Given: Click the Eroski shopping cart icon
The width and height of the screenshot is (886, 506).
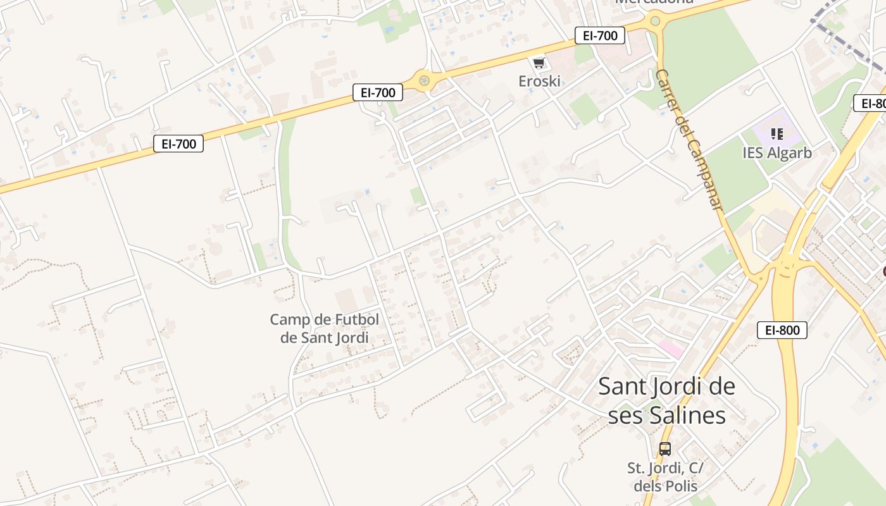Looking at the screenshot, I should [x=539, y=63].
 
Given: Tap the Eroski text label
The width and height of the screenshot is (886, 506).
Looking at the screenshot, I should [x=540, y=81].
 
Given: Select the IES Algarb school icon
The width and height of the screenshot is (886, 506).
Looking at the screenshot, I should [x=777, y=134].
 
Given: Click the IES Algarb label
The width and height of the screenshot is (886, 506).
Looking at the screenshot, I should [x=777, y=152].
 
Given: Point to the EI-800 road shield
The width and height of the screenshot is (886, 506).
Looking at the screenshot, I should [x=782, y=330].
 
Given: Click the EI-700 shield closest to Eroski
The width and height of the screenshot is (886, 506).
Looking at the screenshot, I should [x=600, y=35].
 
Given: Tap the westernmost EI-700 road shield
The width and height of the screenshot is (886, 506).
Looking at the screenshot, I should [x=178, y=144].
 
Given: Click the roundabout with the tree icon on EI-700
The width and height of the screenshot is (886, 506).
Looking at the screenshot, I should [x=424, y=80].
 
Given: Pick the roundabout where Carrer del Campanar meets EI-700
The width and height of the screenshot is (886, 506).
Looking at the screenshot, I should [x=655, y=21].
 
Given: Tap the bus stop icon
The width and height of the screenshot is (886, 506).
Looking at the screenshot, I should [x=664, y=449].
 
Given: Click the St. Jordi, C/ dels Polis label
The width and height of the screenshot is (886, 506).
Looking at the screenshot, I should [x=665, y=477].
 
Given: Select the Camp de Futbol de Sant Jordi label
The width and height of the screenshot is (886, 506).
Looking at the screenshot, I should [x=325, y=328].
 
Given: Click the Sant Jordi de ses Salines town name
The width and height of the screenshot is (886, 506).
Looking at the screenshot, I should [x=666, y=400].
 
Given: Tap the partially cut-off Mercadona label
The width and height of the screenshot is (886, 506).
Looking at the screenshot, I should [x=654, y=2].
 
